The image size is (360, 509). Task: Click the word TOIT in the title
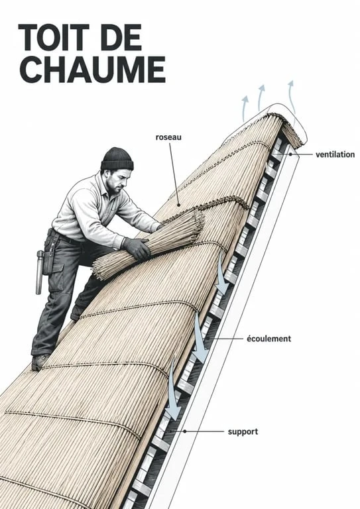[x=53, y=37]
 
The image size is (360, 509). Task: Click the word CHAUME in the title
[x=93, y=70]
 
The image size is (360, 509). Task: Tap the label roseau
[x=168, y=137]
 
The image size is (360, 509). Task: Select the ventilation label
[x=335, y=154]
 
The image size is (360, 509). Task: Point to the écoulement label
[x=269, y=339]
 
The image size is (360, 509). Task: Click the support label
[x=243, y=431]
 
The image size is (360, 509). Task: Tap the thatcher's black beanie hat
[x=117, y=159]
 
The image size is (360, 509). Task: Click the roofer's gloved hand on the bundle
[x=137, y=249]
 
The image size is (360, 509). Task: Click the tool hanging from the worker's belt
[x=40, y=272]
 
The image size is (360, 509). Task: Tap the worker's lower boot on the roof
[x=39, y=362]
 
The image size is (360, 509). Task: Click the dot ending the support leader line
[x=185, y=431]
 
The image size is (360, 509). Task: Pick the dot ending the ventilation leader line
[x=290, y=154]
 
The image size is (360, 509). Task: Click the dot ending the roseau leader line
[x=178, y=205]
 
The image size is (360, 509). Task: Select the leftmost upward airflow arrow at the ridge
[x=244, y=109]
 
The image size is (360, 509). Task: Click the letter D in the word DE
[x=111, y=37]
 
